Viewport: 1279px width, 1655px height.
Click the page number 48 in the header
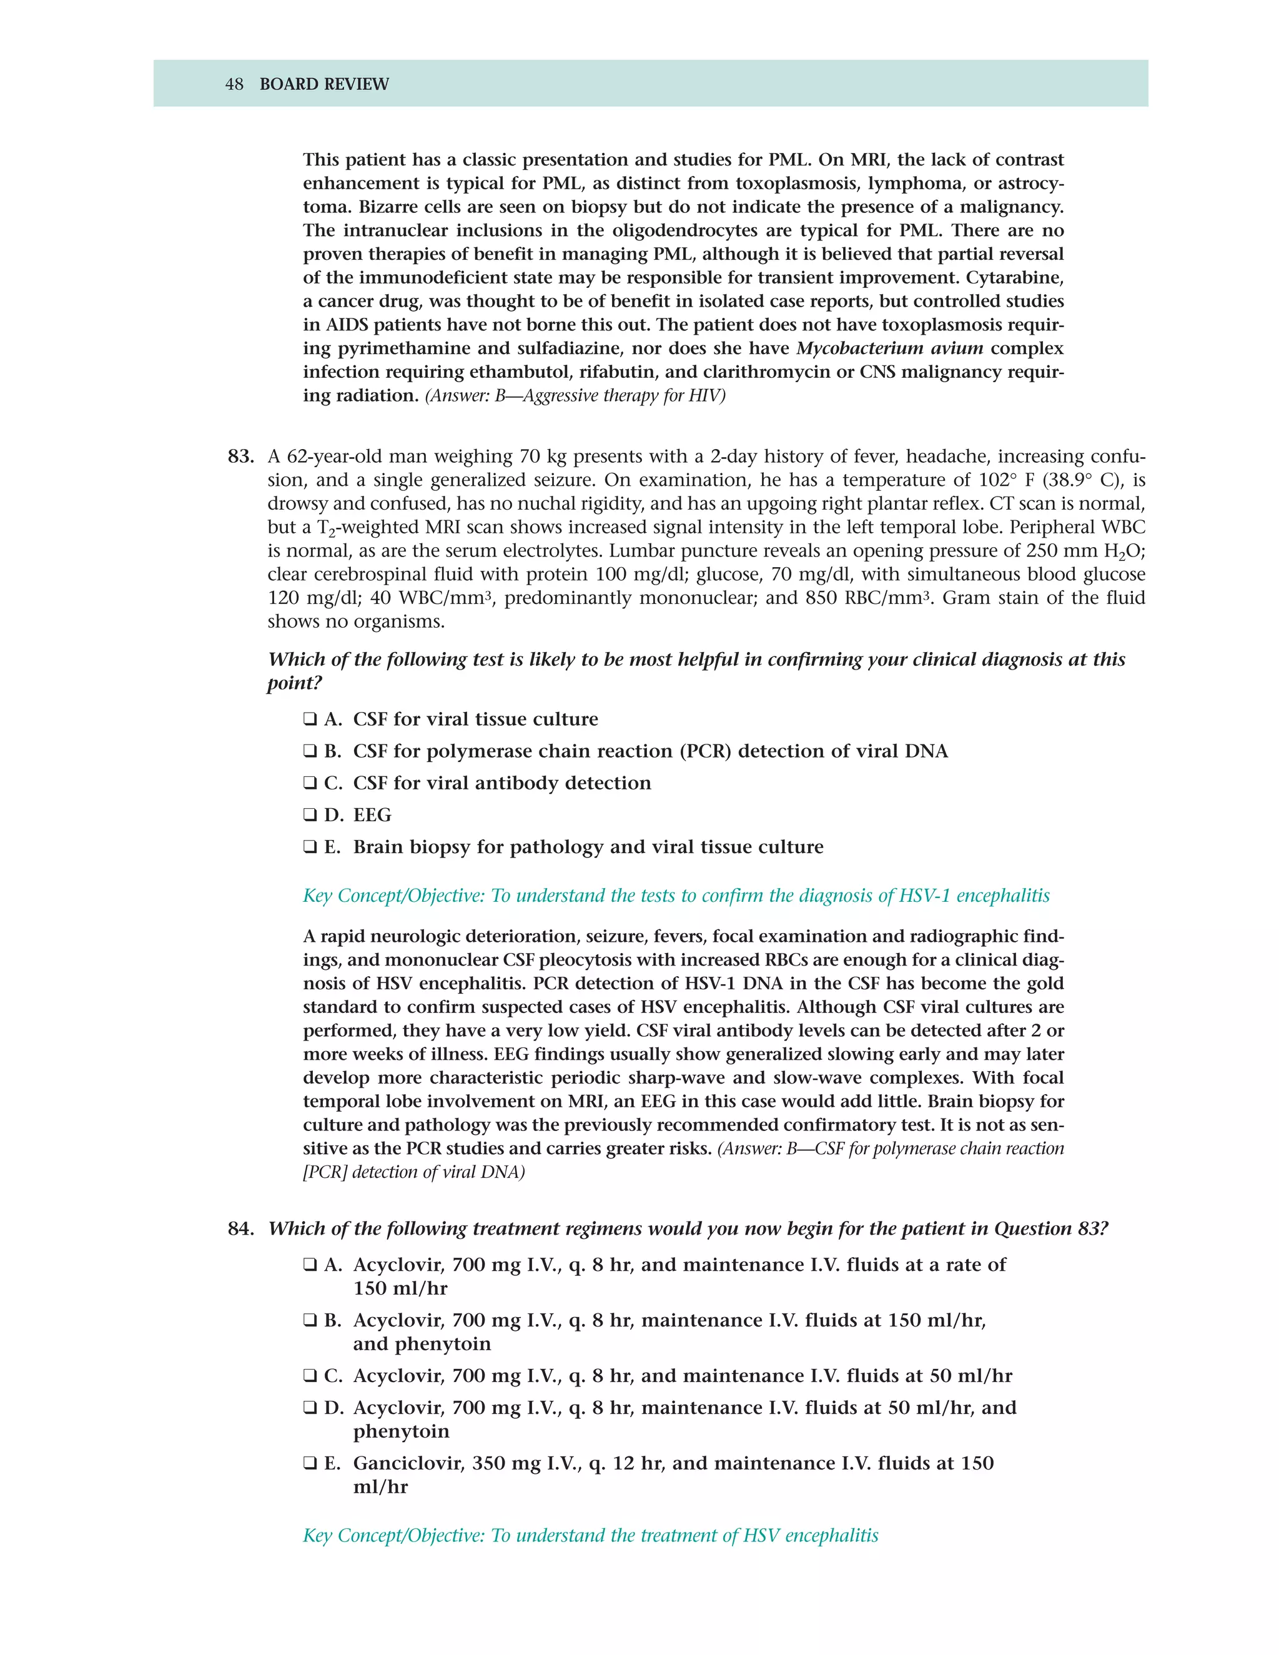(234, 84)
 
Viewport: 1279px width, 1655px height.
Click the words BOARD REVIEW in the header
(323, 84)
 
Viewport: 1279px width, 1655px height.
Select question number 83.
(240, 457)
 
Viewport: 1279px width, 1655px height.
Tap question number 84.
(240, 1228)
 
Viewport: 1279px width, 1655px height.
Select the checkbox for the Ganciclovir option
(310, 1463)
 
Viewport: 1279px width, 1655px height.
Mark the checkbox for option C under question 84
(310, 1375)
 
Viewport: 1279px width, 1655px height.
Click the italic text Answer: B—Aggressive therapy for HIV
(575, 395)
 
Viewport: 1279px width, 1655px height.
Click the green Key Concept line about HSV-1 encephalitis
(676, 896)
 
